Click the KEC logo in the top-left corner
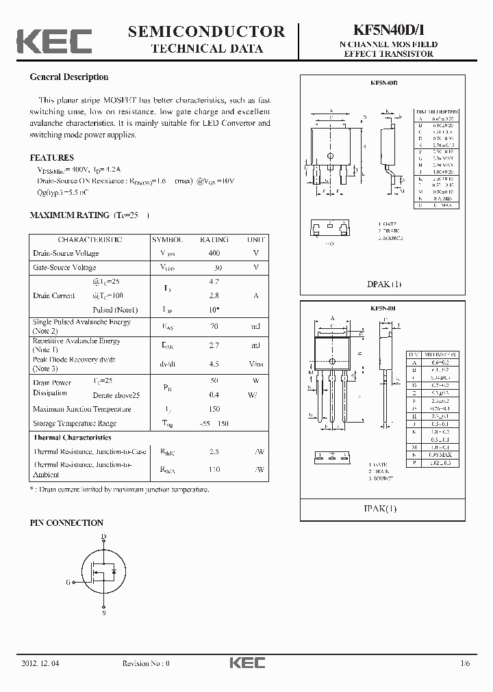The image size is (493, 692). (x=54, y=41)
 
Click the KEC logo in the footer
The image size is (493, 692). (x=246, y=663)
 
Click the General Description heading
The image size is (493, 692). (x=68, y=77)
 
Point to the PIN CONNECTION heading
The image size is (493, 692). (x=66, y=523)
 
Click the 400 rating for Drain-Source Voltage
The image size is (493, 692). (x=214, y=253)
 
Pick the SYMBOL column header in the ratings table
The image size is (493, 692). (x=167, y=240)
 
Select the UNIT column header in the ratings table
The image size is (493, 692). (x=255, y=240)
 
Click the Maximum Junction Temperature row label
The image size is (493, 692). (x=81, y=409)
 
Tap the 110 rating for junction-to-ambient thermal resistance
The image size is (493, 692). (x=214, y=470)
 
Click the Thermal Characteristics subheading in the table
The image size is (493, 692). (x=72, y=437)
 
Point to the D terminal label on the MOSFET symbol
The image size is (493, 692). (x=103, y=537)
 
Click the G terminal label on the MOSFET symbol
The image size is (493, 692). (x=68, y=582)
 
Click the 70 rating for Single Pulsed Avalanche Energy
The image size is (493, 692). (x=214, y=327)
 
